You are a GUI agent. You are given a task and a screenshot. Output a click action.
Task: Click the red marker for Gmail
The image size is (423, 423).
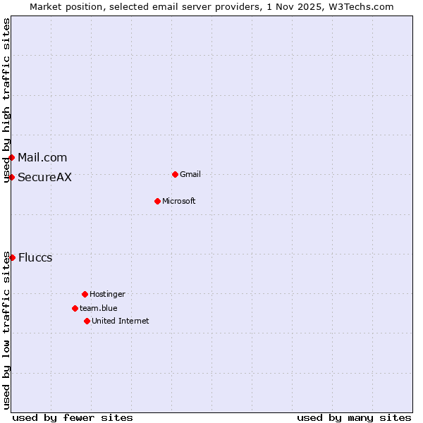pyautogui.click(x=175, y=174)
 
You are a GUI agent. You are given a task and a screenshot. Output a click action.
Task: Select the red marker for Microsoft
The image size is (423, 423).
pyautogui.click(x=157, y=201)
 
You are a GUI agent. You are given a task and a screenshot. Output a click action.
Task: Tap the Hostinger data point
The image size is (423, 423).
pyautogui.click(x=85, y=294)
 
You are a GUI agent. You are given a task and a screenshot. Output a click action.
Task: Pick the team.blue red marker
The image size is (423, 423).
pyautogui.click(x=75, y=308)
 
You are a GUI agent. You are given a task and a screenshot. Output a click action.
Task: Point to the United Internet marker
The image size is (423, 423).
pyautogui.click(x=87, y=321)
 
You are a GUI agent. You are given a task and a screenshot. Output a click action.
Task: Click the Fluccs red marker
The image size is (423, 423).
pyautogui.click(x=12, y=257)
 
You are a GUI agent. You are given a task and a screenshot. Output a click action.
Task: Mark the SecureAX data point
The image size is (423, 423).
pyautogui.click(x=12, y=177)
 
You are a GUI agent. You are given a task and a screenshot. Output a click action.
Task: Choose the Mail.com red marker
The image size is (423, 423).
pyautogui.click(x=12, y=157)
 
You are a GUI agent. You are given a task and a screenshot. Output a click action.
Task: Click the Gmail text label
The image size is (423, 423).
pyautogui.click(x=190, y=174)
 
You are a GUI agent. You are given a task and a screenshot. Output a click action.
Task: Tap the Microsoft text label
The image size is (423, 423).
pyautogui.click(x=179, y=201)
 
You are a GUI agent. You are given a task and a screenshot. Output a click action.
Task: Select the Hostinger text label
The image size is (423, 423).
pyautogui.click(x=107, y=294)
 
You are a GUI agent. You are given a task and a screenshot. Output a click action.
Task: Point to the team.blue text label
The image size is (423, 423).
pyautogui.click(x=99, y=308)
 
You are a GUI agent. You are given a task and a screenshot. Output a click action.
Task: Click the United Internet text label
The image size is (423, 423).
pyautogui.click(x=121, y=321)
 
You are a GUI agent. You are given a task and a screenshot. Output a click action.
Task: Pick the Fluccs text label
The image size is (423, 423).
pyautogui.click(x=35, y=257)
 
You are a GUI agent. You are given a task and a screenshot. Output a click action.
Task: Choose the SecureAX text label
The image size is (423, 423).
pyautogui.click(x=44, y=177)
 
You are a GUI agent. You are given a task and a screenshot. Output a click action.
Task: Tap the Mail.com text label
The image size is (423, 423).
pyautogui.click(x=42, y=157)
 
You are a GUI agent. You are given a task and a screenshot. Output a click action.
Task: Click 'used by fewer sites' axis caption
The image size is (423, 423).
pyautogui.click(x=73, y=417)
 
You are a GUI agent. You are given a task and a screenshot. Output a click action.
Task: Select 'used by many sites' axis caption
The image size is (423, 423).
pyautogui.click(x=354, y=417)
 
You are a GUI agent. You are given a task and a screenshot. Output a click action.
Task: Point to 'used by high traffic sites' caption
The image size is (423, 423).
pyautogui.click(x=6, y=100)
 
